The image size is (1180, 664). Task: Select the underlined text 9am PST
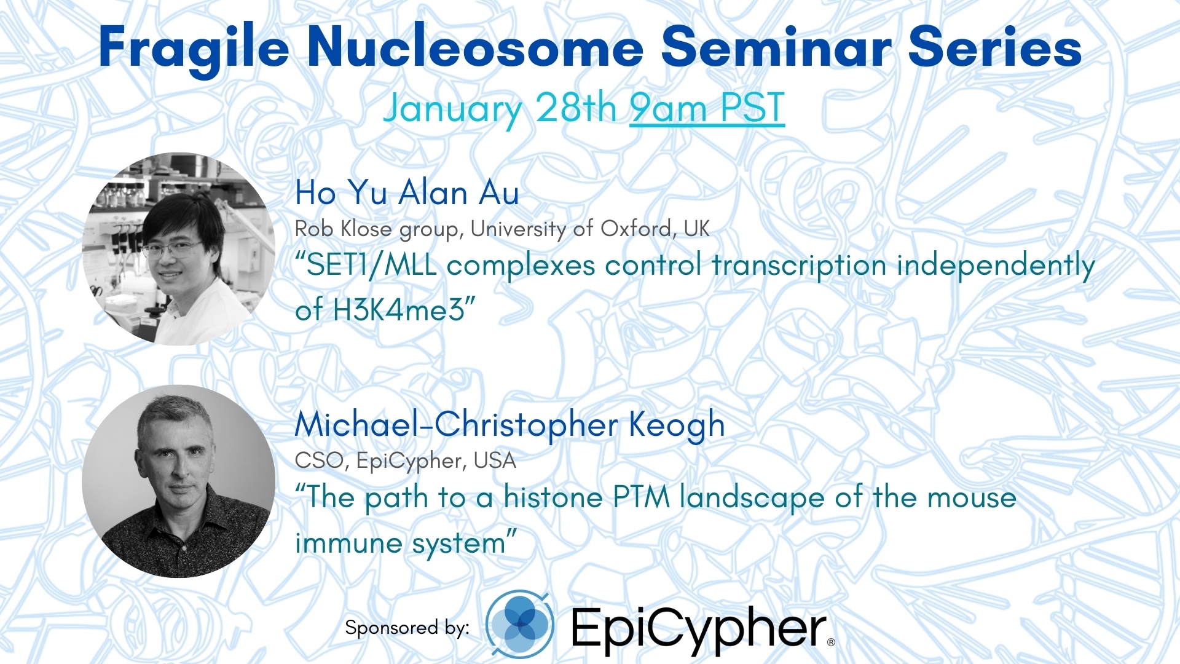click(707, 108)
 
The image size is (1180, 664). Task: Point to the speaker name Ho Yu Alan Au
click(407, 192)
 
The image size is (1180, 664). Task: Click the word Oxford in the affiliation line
click(635, 229)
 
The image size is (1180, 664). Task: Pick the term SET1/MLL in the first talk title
click(366, 266)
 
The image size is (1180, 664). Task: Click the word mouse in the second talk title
click(972, 498)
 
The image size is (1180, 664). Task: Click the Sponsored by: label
click(407, 627)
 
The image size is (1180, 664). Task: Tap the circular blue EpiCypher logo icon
click(520, 623)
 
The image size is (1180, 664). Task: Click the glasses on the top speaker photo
click(172, 248)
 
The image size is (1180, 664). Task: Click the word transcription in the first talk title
click(799, 267)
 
